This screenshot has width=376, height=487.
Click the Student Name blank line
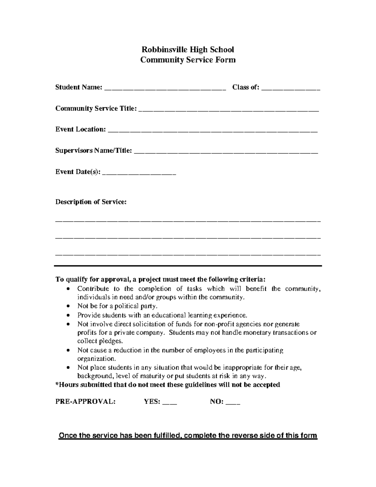tap(165, 89)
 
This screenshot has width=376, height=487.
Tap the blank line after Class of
tap(290, 89)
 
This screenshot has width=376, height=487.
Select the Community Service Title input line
tap(228, 110)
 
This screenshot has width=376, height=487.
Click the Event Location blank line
tap(213, 131)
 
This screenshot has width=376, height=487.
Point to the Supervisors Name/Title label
tap(94, 151)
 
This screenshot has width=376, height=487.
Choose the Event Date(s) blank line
tap(139, 173)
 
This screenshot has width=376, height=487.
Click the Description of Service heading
tap(91, 202)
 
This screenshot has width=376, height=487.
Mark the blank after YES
tap(170, 403)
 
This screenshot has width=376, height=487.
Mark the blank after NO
tap(233, 403)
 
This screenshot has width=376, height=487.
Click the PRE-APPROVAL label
tap(85, 402)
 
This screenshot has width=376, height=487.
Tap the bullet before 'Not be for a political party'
tap(69, 306)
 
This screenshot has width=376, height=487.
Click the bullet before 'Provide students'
tap(69, 315)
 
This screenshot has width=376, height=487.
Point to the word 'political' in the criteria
tap(126, 306)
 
